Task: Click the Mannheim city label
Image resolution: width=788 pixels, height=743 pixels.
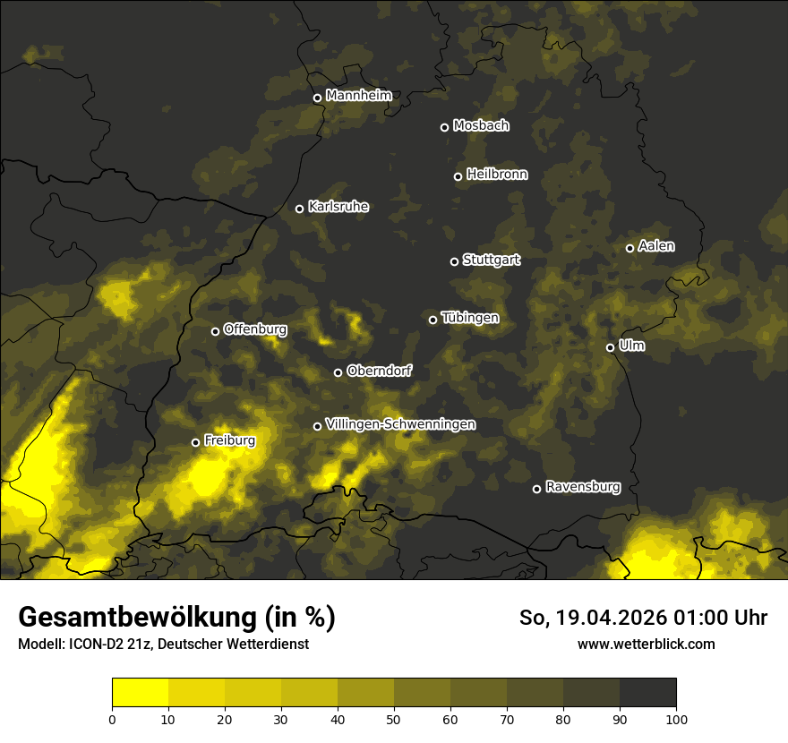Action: tap(358, 96)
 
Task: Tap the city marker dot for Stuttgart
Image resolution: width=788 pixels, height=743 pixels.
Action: tap(454, 261)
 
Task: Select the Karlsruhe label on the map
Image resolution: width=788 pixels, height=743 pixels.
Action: tap(338, 207)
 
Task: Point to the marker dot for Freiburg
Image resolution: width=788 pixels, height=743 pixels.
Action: tap(195, 442)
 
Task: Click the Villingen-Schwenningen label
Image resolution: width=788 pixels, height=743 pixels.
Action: tap(400, 424)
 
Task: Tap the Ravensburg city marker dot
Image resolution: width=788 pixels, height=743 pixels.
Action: tap(536, 489)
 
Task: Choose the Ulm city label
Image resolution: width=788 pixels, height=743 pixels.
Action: tap(631, 346)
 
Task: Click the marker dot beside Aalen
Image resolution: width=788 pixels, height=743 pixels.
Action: tap(630, 248)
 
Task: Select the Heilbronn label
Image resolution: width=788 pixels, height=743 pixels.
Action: tap(497, 175)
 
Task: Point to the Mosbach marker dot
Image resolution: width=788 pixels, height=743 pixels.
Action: tap(444, 127)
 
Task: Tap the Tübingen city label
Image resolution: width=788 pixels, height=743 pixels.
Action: tap(470, 318)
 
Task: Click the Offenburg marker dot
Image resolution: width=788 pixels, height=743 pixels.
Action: tap(215, 331)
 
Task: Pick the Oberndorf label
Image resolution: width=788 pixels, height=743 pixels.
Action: tap(379, 371)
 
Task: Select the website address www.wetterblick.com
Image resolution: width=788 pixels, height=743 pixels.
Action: tap(646, 644)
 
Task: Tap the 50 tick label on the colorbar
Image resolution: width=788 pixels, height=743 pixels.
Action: tap(394, 718)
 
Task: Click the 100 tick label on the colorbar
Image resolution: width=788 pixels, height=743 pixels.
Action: tap(676, 718)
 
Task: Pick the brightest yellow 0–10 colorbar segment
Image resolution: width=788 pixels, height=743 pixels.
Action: tap(141, 693)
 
